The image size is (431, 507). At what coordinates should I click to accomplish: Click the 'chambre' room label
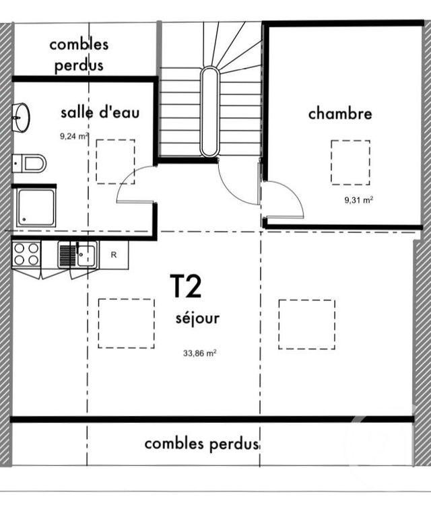[x=339, y=114]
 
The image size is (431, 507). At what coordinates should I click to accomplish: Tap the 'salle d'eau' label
[x=100, y=112]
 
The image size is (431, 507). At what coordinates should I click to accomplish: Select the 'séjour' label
[x=197, y=318]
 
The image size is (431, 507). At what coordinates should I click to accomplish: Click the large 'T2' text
[x=185, y=287]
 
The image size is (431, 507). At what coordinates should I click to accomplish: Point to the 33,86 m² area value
[x=200, y=353]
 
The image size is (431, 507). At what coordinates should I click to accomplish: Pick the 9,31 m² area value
[x=358, y=200]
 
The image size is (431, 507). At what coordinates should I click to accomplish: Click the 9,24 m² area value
[x=74, y=135]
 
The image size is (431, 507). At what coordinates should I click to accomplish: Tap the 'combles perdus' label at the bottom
[x=203, y=444]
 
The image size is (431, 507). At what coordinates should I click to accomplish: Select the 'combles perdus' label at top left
[x=79, y=55]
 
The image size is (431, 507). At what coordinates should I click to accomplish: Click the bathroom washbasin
[x=22, y=118]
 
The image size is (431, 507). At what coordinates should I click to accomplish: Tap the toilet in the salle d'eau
[x=30, y=163]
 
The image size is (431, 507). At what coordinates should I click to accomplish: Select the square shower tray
[x=36, y=207]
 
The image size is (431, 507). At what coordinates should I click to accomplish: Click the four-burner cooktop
[x=26, y=255]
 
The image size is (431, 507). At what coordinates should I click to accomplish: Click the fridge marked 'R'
[x=113, y=255]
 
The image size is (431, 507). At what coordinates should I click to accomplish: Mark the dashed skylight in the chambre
[x=350, y=162]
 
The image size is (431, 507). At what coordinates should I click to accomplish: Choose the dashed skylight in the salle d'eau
[x=115, y=162]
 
